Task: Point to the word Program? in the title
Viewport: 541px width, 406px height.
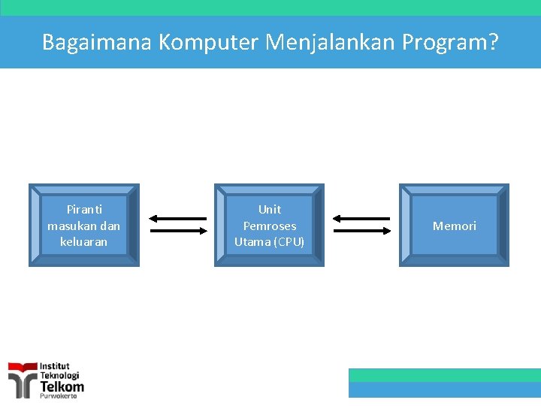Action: pos(450,42)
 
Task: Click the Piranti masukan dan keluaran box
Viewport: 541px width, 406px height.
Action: pos(84,226)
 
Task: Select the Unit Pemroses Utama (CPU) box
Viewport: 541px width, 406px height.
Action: pos(269,226)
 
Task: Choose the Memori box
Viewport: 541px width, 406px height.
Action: pos(454,226)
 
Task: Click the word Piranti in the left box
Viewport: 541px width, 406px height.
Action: pos(84,210)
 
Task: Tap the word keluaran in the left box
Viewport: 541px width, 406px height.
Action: pos(84,242)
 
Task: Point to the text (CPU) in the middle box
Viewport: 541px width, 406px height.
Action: pos(289,242)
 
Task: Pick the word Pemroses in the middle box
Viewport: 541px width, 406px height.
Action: pos(269,226)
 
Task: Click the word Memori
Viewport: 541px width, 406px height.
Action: pos(454,226)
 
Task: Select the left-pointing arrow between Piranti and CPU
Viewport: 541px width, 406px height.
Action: pos(177,219)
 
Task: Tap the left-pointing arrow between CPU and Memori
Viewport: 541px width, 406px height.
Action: pos(361,219)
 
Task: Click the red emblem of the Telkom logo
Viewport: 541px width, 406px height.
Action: pos(23,378)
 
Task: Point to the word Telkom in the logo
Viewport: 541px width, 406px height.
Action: pos(62,386)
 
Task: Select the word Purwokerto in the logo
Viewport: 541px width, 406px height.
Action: pos(58,396)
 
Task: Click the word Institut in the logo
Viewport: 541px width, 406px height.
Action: pos(55,366)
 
